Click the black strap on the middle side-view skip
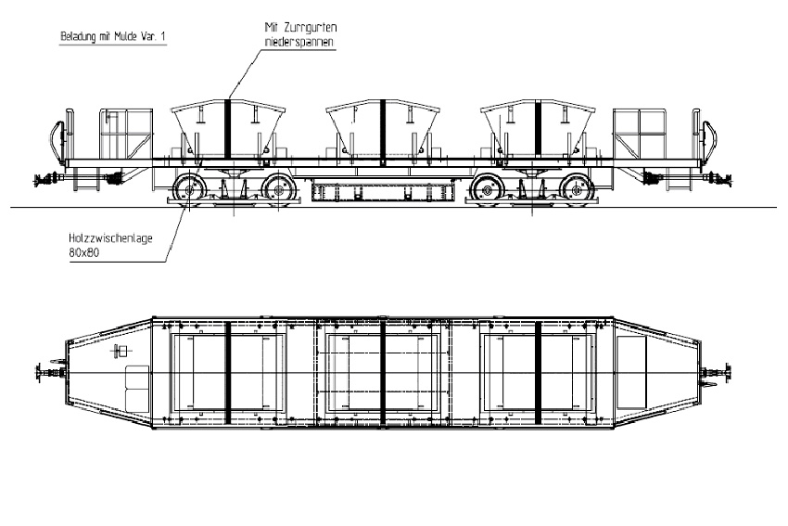[x=383, y=130]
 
